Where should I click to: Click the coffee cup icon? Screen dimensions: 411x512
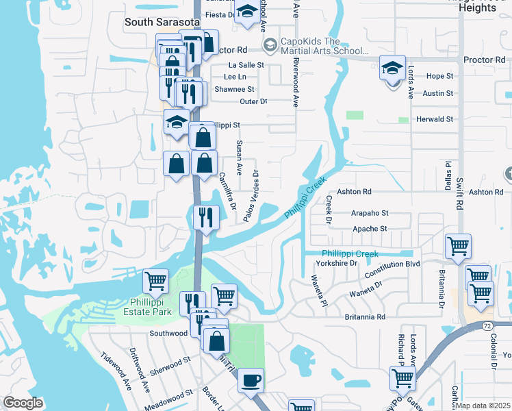(x=251, y=379)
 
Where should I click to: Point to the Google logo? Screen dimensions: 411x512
(x=23, y=403)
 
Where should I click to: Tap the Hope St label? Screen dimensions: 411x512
(x=439, y=76)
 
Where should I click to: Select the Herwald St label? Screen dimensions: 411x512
(x=435, y=119)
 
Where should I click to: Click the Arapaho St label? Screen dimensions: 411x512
(x=370, y=213)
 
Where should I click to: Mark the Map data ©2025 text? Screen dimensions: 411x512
(x=483, y=406)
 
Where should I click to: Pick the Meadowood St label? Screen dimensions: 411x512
(x=170, y=395)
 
